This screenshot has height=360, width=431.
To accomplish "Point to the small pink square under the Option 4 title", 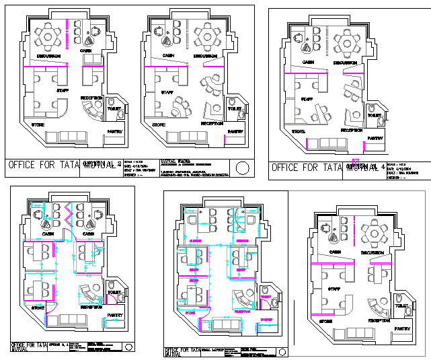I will [x=354, y=162].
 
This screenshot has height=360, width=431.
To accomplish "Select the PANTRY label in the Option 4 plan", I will [x=375, y=138].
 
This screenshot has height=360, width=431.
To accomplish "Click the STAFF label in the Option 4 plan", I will [x=307, y=99].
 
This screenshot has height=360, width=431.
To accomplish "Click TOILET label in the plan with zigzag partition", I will [x=114, y=292].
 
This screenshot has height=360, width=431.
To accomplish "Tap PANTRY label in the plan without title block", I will [x=402, y=329].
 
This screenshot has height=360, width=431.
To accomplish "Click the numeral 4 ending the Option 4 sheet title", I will [x=383, y=167].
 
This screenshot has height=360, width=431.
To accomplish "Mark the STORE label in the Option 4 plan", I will [x=299, y=131].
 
